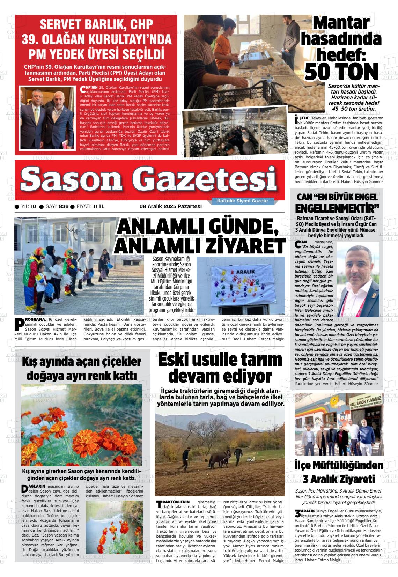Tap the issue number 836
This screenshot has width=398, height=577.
pos(64,206)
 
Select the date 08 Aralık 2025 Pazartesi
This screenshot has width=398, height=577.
pos(171,206)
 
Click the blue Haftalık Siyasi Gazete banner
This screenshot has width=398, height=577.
pos(242,201)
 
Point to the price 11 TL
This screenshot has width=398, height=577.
pos(98,206)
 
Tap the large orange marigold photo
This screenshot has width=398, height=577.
pos(81,425)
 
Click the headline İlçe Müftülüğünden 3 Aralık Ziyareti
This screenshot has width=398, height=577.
pos(339,472)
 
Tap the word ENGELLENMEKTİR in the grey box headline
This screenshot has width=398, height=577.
pos(337,209)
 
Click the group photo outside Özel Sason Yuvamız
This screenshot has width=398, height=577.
pos(339,424)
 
